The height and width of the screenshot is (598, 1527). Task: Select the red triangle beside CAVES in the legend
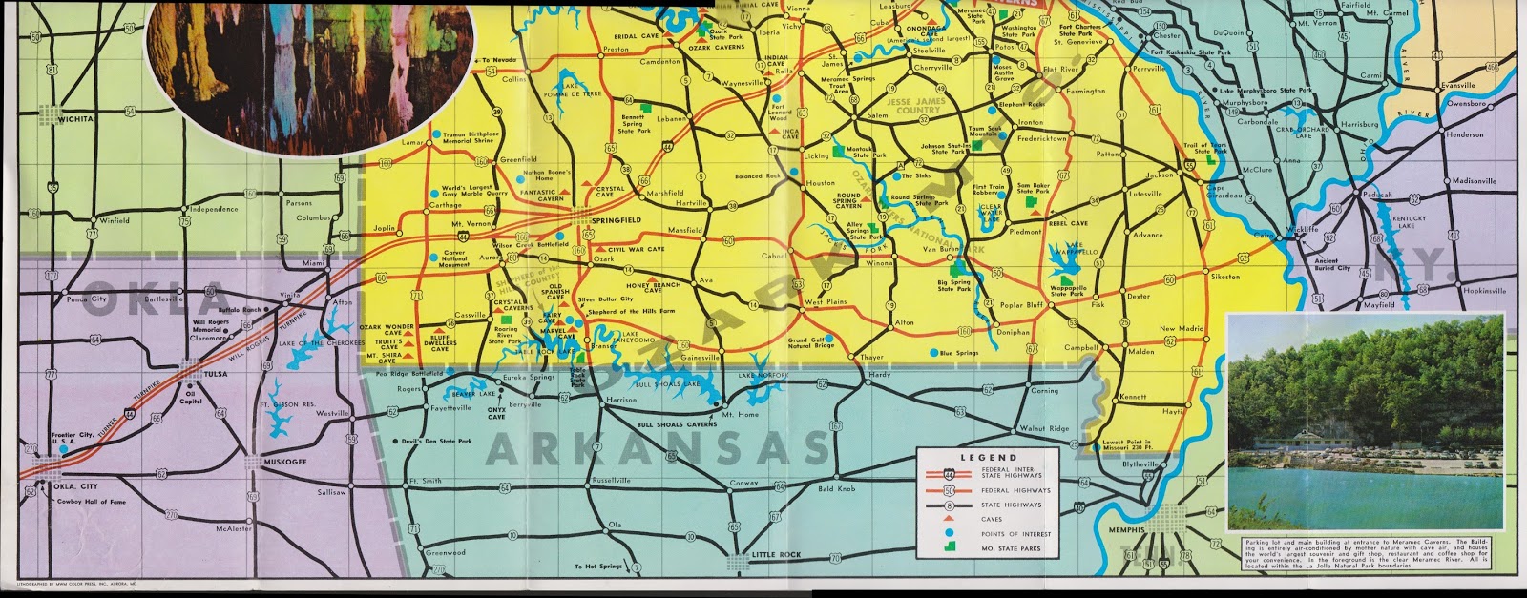[x=952, y=520]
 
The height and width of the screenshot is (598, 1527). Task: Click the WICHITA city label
[x=74, y=119]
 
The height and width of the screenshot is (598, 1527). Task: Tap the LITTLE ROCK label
[x=757, y=555]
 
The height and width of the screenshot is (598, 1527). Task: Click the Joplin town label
[x=384, y=229]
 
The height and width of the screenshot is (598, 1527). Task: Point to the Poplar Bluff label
[x=1023, y=306]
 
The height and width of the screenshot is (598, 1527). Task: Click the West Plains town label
[x=826, y=302]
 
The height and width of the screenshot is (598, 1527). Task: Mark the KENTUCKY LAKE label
[x=1411, y=222]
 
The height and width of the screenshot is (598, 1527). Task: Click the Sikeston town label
[x=1225, y=277]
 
